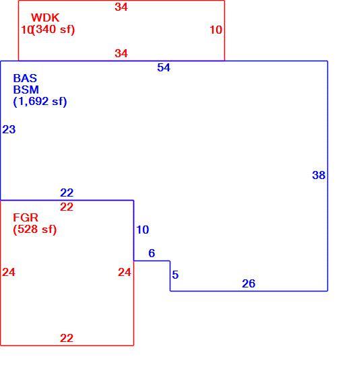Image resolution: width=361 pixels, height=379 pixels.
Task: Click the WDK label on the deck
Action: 45,18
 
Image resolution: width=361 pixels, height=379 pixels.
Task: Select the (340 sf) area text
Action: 53,30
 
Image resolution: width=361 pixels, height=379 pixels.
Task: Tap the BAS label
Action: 25,78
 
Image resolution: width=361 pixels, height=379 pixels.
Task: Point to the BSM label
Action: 26,90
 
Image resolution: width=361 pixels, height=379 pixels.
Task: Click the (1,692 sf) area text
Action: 40,102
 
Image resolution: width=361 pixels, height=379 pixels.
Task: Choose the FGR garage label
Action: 26,217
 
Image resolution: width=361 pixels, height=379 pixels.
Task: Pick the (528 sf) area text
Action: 35,230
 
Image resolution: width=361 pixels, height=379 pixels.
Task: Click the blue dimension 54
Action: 164,67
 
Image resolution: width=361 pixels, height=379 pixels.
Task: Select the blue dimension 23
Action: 9,129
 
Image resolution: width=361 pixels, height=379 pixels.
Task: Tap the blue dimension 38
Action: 319,175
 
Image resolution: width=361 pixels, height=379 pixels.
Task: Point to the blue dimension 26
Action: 249,283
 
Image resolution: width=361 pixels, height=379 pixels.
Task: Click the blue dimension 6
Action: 152,253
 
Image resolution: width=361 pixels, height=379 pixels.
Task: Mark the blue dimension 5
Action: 175,275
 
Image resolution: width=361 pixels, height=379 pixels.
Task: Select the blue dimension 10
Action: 143,230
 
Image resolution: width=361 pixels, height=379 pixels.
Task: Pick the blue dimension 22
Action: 67,193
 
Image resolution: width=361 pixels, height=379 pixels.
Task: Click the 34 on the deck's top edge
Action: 121,7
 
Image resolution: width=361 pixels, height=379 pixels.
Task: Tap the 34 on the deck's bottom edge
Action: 121,53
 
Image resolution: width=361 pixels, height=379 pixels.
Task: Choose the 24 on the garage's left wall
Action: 9,273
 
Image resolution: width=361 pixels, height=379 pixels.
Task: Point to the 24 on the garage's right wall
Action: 125,273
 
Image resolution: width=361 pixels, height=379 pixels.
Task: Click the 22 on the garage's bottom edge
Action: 67,338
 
